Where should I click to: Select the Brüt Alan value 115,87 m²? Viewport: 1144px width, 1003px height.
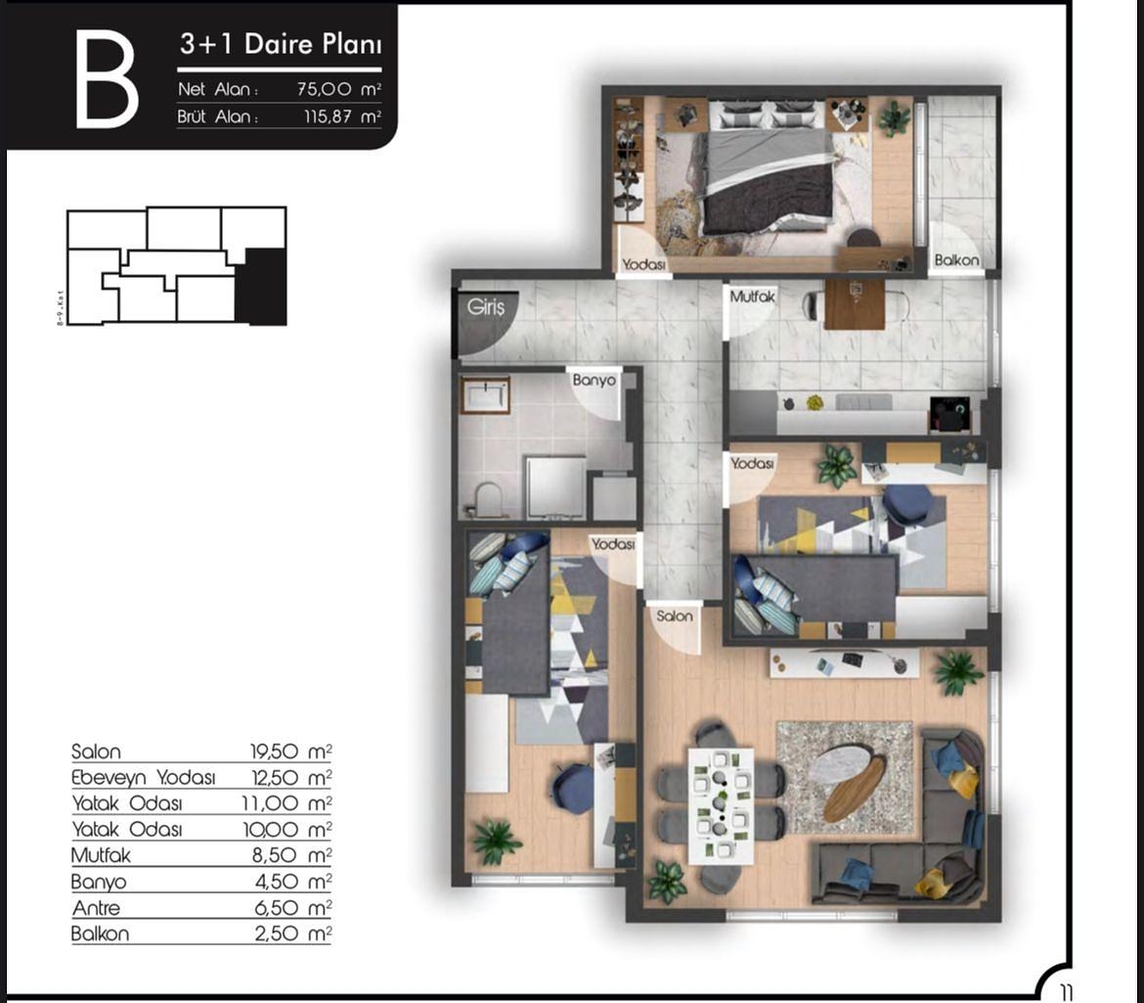coord(341,117)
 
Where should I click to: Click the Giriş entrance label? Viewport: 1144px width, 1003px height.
coord(486,306)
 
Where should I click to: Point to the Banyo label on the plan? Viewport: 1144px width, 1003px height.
coord(594,380)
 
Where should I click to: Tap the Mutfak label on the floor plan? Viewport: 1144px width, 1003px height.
coord(753,296)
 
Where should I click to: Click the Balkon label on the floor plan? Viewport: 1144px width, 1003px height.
coord(956,260)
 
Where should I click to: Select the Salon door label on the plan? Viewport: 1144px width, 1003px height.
coord(675,615)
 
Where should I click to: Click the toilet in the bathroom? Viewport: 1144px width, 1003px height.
coord(486,500)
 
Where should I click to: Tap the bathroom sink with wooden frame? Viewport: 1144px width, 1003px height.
coord(485,395)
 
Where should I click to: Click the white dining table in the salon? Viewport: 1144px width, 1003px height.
coord(721,804)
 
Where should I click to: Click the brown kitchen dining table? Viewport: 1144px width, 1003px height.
coord(854,304)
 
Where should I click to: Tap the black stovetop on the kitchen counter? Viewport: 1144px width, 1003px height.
coord(948,414)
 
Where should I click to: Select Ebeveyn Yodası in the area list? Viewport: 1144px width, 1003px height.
coord(143,778)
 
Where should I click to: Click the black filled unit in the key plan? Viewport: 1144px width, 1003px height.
coord(261,286)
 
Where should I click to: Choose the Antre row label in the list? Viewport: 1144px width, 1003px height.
coord(96,908)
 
